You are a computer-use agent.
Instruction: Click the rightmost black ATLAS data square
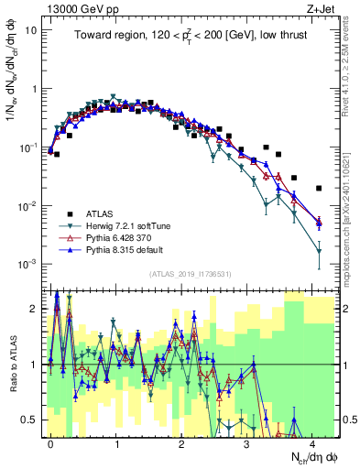(x=319, y=188)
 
